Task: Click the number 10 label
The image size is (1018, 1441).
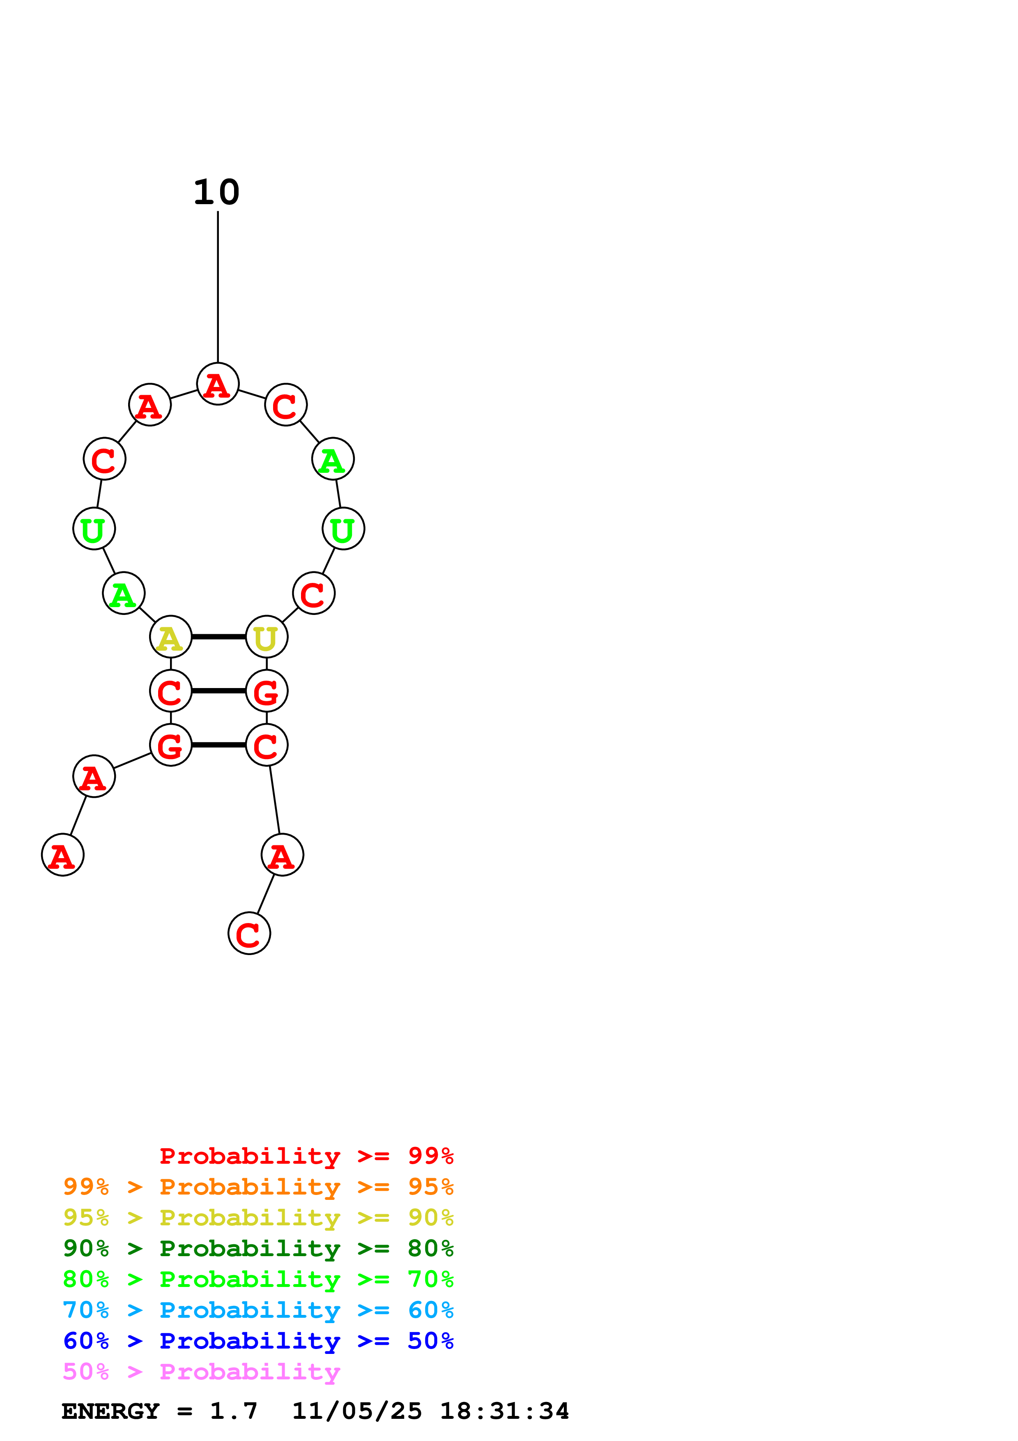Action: tap(216, 192)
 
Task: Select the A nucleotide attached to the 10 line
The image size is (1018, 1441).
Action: tap(218, 384)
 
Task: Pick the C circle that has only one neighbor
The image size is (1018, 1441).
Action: tap(249, 933)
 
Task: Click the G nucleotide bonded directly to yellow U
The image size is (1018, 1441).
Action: tap(267, 691)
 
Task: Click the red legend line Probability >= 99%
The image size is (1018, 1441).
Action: tap(306, 1156)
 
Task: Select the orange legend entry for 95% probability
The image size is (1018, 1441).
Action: tap(258, 1187)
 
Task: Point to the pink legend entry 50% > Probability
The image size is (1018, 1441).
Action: tap(201, 1372)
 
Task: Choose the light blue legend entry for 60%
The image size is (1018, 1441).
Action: tap(258, 1310)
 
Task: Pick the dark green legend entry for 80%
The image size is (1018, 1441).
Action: tap(258, 1248)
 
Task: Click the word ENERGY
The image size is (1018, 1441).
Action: tap(110, 1411)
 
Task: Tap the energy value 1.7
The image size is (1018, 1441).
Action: tap(233, 1411)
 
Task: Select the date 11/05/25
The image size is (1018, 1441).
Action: tap(356, 1411)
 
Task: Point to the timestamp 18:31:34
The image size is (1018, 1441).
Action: tap(504, 1411)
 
